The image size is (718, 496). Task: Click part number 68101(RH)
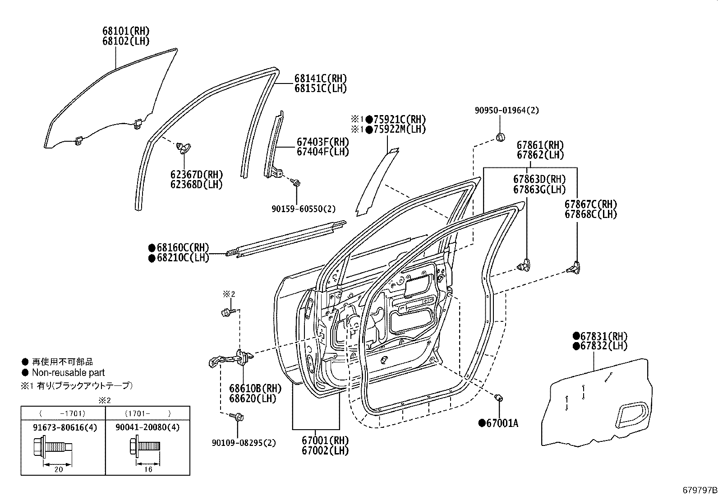tap(125, 31)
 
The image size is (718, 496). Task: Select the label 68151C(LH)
tap(321, 88)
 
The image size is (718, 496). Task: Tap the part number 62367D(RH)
tap(196, 175)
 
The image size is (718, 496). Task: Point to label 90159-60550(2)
tap(304, 209)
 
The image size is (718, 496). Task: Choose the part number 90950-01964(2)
tap(506, 110)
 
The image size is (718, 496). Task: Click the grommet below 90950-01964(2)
tap(500, 136)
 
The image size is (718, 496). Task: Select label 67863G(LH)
tap(539, 190)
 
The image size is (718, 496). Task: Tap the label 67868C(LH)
tap(590, 214)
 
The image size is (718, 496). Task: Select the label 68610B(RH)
tap(255, 388)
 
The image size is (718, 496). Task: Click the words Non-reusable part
tap(68, 373)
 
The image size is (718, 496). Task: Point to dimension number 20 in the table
tap(58, 469)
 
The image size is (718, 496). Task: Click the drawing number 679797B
tap(699, 490)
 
